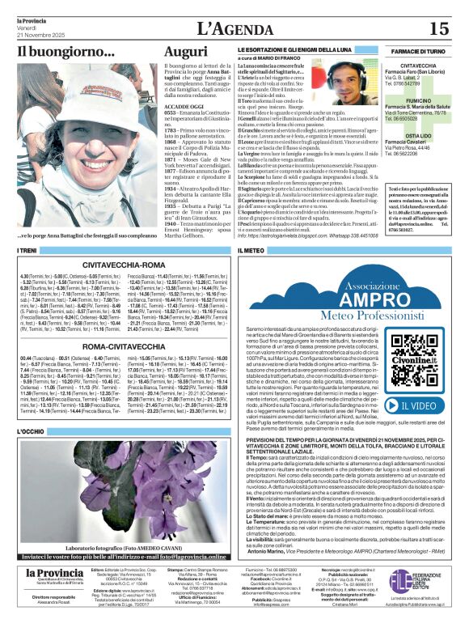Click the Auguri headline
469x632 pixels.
185,51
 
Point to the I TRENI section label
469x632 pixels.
28,252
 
